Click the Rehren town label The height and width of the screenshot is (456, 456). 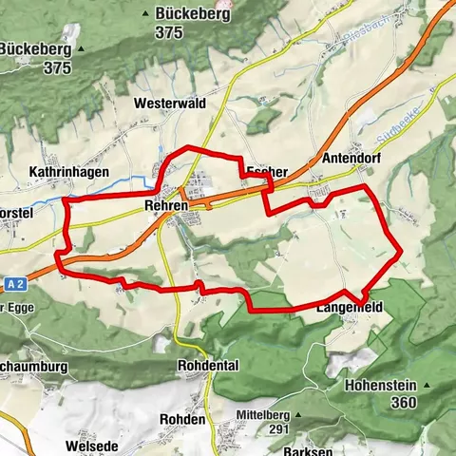click(x=163, y=205)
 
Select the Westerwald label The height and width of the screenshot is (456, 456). click(x=170, y=102)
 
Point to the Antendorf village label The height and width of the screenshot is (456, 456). click(x=351, y=159)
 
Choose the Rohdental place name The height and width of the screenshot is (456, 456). click(x=208, y=366)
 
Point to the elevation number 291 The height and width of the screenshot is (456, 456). click(x=276, y=429)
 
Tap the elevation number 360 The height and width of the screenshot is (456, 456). click(x=403, y=403)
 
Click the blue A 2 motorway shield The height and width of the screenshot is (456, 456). click(x=12, y=282)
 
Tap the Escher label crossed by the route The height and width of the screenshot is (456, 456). click(x=266, y=172)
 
